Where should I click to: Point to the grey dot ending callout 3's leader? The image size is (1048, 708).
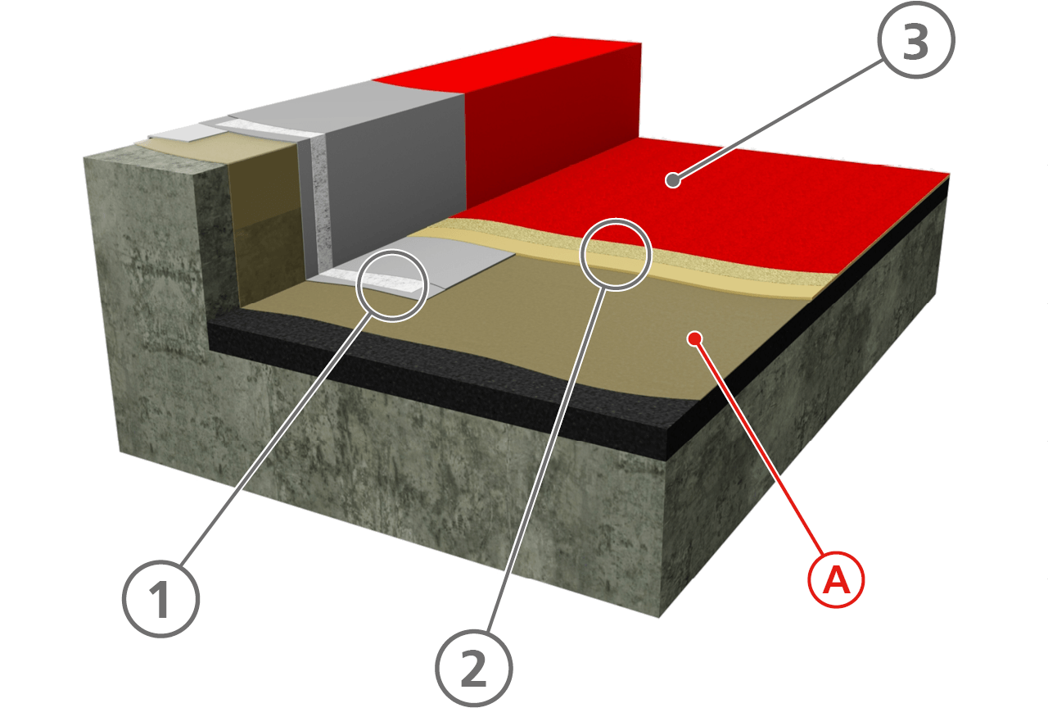673,179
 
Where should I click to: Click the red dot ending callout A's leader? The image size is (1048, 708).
695,338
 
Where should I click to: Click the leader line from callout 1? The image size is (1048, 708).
276,440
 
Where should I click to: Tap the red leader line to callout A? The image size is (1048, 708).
759,448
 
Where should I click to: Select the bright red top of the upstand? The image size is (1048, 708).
508,64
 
